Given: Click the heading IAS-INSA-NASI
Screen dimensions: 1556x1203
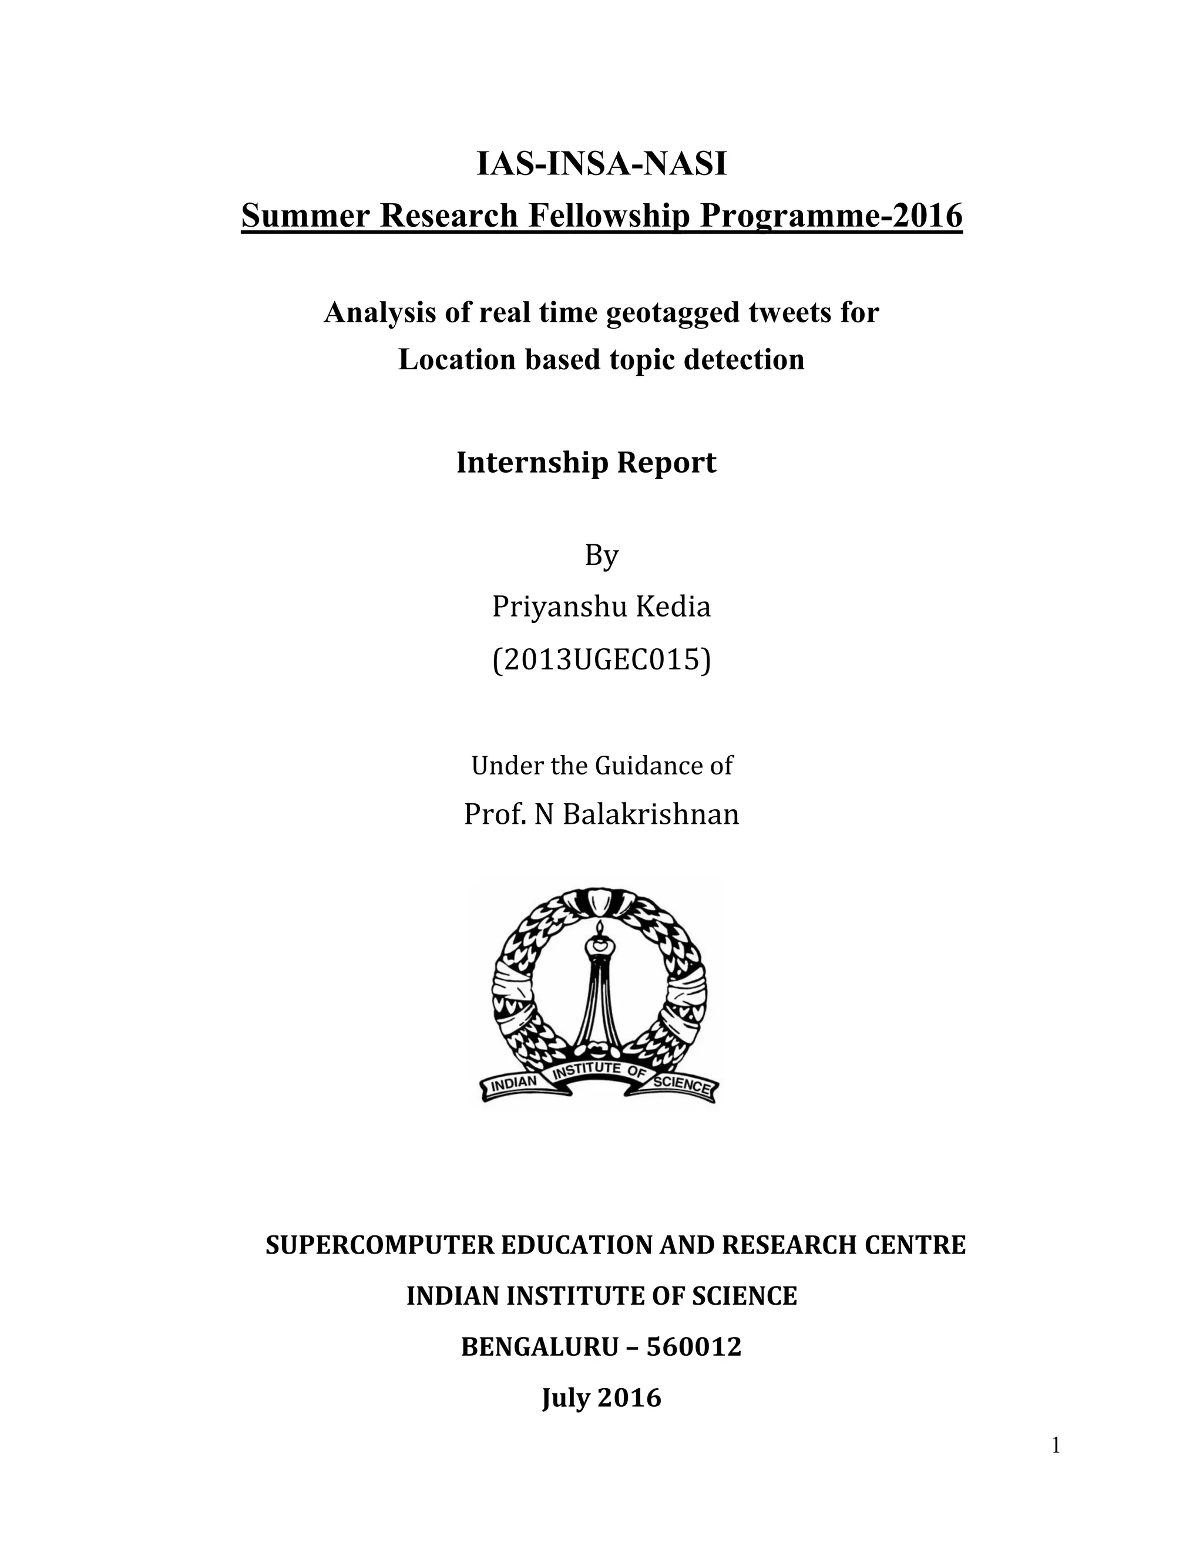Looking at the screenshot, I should pos(601,164).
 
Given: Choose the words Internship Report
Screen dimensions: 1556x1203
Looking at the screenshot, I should pos(586,462).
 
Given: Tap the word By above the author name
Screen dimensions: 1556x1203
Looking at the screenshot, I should pos(601,555).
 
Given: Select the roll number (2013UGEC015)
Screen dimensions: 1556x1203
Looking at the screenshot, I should pos(601,661).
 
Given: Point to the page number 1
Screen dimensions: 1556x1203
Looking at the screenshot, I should pos(1056,1446).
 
